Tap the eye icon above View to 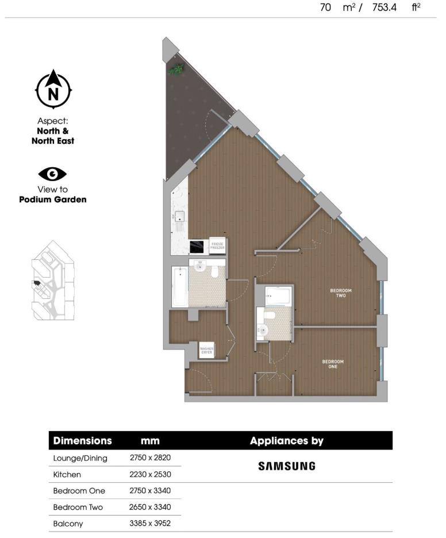coord(52,174)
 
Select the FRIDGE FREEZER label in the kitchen coord(217,245)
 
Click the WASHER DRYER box coord(206,350)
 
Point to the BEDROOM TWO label coord(341,293)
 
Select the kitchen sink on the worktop coord(180,217)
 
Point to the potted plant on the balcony coord(175,69)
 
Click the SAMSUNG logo coord(286,466)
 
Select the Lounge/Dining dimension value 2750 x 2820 coord(151,458)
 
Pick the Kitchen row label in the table coord(67,475)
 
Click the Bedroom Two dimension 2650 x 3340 coord(151,507)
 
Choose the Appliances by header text coord(286,441)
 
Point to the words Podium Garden coord(52,199)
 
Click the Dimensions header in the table coord(82,441)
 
